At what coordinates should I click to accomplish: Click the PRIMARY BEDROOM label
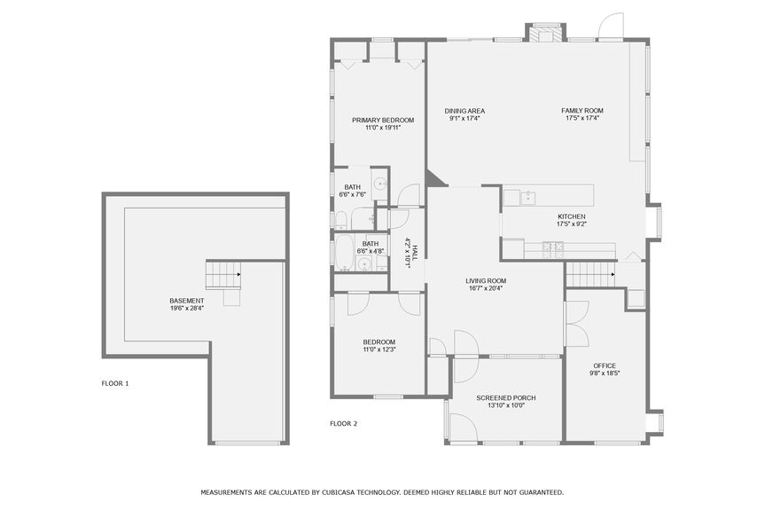point(383,120)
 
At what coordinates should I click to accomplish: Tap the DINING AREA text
point(465,111)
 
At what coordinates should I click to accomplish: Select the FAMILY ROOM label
point(582,111)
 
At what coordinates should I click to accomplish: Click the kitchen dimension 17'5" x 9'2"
point(571,224)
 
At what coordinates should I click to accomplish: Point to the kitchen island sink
point(529,196)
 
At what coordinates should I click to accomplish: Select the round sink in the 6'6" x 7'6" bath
point(379,184)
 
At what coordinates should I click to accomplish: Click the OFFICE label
point(604,365)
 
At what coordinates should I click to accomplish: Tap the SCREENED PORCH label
point(505,397)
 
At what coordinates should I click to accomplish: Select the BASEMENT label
point(187,301)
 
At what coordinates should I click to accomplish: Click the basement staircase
point(223,275)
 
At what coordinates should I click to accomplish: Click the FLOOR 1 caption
point(115,383)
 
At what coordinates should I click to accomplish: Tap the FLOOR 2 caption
point(343,423)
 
